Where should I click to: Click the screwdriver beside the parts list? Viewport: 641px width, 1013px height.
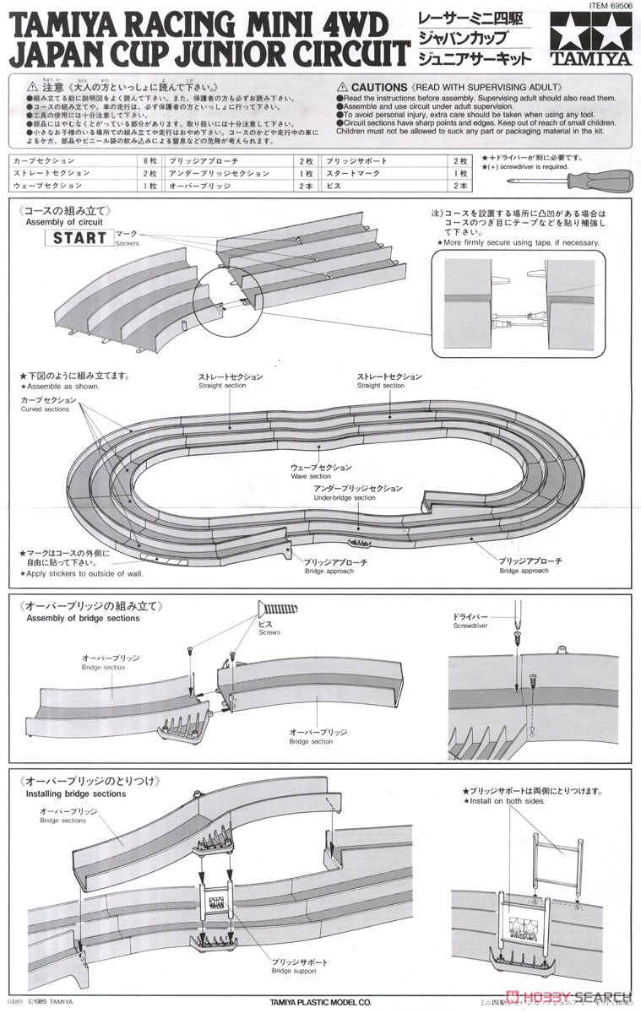coord(590,180)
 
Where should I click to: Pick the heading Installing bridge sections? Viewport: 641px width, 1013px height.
coord(75,794)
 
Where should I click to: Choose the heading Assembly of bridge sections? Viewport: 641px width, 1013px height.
coord(83,618)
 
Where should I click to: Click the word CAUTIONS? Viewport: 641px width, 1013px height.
coord(380,87)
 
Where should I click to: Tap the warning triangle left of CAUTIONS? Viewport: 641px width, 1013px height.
coord(342,87)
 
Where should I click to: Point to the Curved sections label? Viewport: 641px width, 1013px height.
coord(45,409)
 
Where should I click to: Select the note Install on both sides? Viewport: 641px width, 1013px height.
coord(508,800)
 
